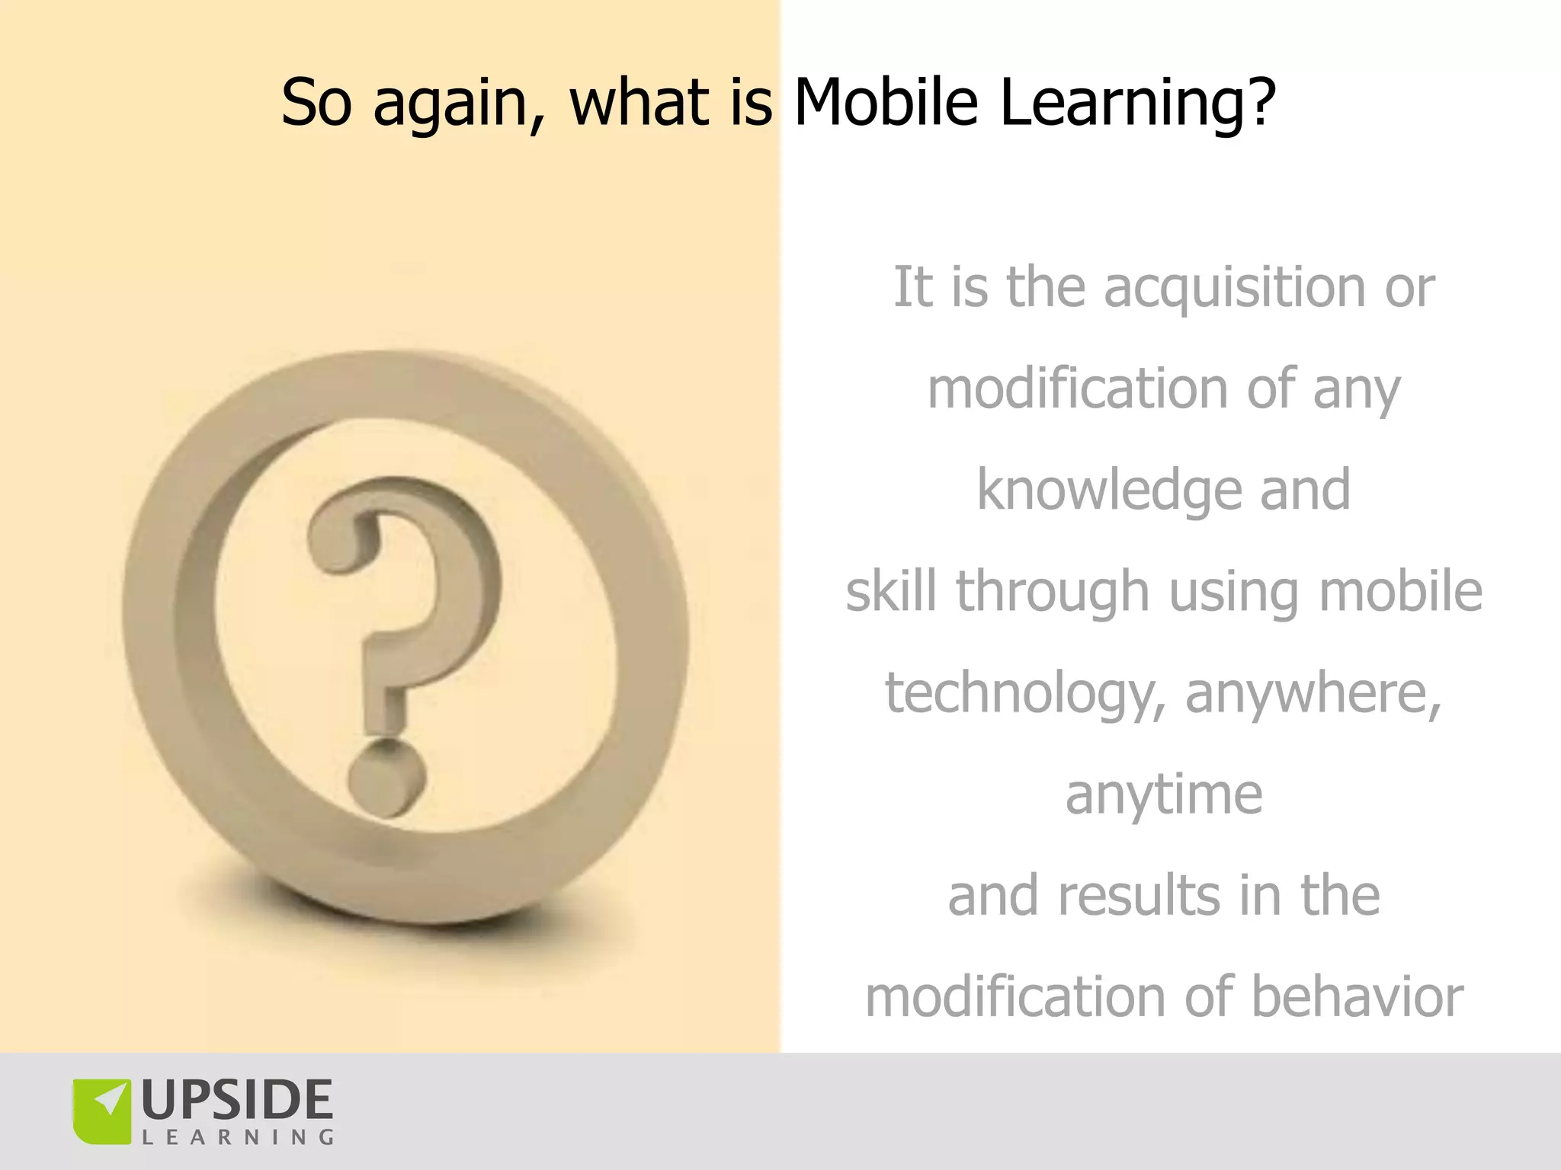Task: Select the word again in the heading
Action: pyautogui.click(x=450, y=103)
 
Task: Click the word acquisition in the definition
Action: pyautogui.click(x=1235, y=288)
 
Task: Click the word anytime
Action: pyautogui.click(x=1164, y=794)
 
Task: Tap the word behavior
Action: pyautogui.click(x=1357, y=996)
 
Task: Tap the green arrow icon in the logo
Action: pyautogui.click(x=102, y=1111)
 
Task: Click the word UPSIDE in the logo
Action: pyautogui.click(x=237, y=1100)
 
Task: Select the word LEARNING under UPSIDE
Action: pyautogui.click(x=237, y=1138)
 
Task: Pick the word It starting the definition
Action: pyautogui.click(x=912, y=288)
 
